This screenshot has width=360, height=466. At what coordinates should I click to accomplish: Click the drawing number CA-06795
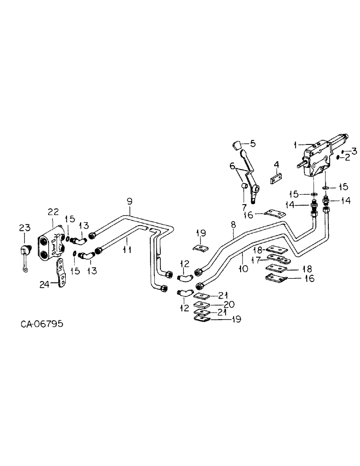pos(42,323)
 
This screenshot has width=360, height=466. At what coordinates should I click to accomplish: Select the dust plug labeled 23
pos(24,253)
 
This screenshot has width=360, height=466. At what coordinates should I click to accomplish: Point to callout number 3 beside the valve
pos(354,151)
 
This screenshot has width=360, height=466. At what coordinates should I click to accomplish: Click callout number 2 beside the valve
pos(347,158)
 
